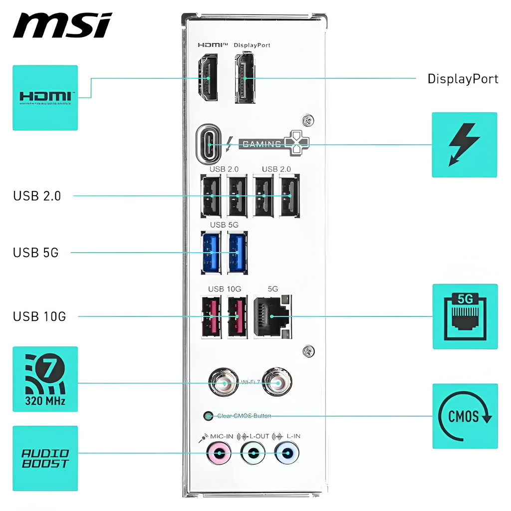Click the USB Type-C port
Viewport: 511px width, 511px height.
click(210, 144)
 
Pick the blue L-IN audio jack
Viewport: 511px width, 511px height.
click(287, 454)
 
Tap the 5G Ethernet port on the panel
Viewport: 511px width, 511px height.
click(272, 316)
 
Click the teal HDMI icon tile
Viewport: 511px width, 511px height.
click(45, 97)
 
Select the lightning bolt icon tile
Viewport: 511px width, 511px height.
click(464, 145)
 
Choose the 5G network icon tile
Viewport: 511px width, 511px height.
click(465, 316)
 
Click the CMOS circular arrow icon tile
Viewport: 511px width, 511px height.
click(465, 416)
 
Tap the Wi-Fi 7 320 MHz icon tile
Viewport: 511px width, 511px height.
click(45, 379)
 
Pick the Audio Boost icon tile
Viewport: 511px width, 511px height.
click(45, 458)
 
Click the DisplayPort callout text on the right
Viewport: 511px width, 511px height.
click(463, 79)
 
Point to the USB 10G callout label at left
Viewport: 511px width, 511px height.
click(39, 316)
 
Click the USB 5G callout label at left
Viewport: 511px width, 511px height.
click(36, 253)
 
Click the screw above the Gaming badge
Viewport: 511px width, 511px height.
click(308, 121)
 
